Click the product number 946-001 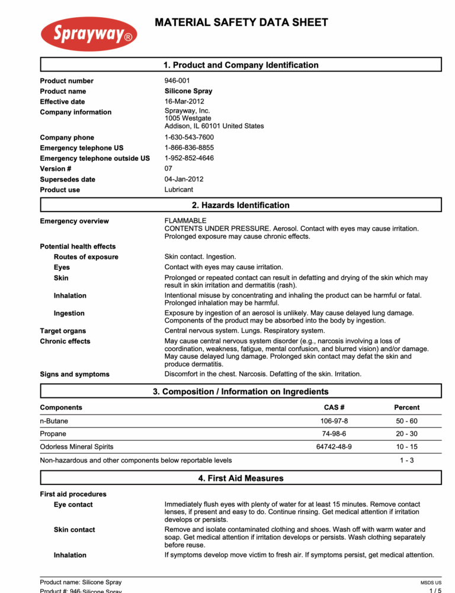(177, 81)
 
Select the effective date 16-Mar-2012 (184, 101)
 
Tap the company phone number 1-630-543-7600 (189, 137)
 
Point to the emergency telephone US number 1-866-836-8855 (189, 148)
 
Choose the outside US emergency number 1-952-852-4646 (189, 158)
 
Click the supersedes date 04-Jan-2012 (184, 179)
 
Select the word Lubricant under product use (178, 190)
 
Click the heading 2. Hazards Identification (241, 205)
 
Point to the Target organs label (63, 331)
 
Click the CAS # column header (334, 407)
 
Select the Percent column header (406, 407)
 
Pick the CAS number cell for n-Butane (334, 421)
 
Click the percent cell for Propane (406, 433)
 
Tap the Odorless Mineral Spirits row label (76, 446)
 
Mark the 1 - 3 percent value (406, 460)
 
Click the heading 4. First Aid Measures (241, 478)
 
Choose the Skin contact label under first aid (74, 530)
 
